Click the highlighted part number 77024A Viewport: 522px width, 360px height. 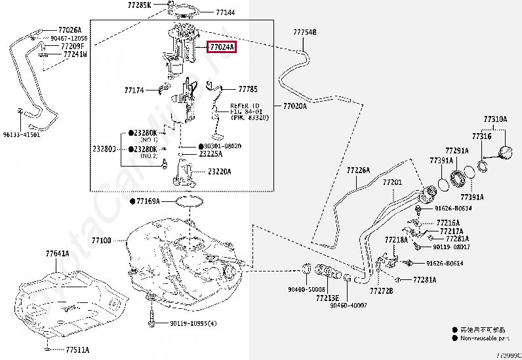point(221,47)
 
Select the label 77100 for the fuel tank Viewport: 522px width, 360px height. point(102,241)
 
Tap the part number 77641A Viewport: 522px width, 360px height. point(57,254)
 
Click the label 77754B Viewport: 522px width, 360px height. point(304,31)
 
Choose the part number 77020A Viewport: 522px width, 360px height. point(294,106)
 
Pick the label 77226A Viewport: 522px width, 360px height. point(359,170)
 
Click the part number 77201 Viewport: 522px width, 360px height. point(391,182)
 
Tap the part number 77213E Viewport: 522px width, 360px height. point(327,297)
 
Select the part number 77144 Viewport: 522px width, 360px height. point(225,12)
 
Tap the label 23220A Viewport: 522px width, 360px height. point(220,172)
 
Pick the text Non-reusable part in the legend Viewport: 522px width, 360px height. point(486,338)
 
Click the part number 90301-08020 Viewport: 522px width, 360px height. point(223,146)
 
